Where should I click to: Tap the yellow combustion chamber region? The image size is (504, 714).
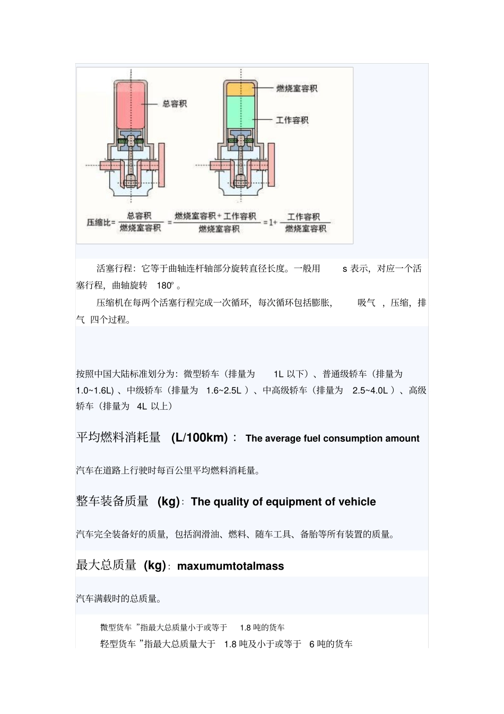pyautogui.click(x=241, y=89)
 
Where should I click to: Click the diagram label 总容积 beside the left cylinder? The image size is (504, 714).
pyautogui.click(x=175, y=104)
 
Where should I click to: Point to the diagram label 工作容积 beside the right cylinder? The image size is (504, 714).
pyautogui.click(x=292, y=120)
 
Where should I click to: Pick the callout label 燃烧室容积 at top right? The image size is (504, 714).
pyautogui.click(x=297, y=88)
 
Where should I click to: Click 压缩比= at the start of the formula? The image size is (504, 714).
pyautogui.click(x=101, y=222)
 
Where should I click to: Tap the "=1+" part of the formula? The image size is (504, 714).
pyautogui.click(x=271, y=222)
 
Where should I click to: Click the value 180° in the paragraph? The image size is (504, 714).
pyautogui.click(x=165, y=286)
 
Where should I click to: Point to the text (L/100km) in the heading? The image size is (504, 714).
pyautogui.click(x=199, y=438)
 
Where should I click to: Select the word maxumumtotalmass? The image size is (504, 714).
pyautogui.click(x=230, y=566)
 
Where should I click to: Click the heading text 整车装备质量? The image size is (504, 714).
pyautogui.click(x=112, y=502)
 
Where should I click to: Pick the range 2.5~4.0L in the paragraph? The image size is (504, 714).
pyautogui.click(x=370, y=391)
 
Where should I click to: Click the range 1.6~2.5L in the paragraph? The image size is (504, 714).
pyautogui.click(x=224, y=391)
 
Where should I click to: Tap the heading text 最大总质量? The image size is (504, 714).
pyautogui.click(x=107, y=565)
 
